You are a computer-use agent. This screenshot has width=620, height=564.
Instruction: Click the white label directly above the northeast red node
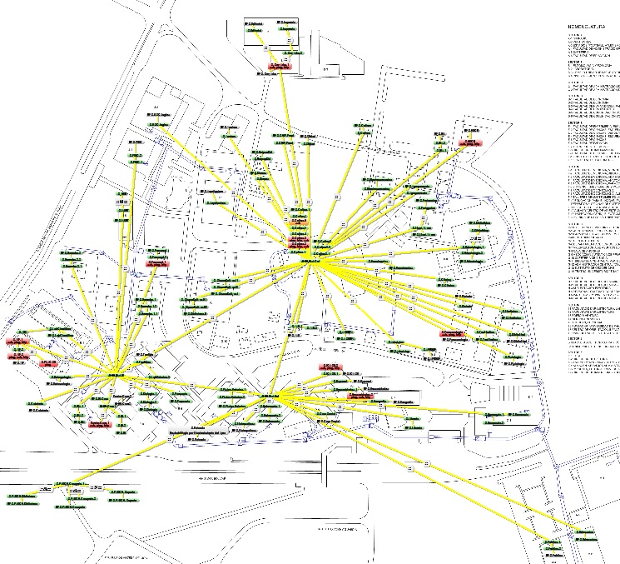pyautogui.click(x=472, y=132)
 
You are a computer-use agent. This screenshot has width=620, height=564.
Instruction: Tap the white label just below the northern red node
pyautogui.click(x=269, y=73)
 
